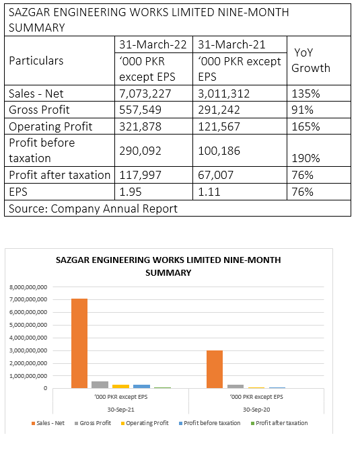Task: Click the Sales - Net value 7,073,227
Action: point(145,93)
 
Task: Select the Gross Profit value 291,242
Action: point(219,110)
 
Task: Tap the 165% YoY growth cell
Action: point(305,126)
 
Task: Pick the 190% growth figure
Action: point(305,158)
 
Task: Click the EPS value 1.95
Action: point(131,192)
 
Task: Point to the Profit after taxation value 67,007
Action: point(215,175)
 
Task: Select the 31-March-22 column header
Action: point(153,44)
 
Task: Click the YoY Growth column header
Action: point(311,61)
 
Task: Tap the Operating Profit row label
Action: point(50,126)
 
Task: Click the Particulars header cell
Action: point(36,61)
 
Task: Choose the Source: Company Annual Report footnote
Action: point(93,209)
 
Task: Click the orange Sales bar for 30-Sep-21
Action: point(79,344)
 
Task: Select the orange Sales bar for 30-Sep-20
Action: point(215,369)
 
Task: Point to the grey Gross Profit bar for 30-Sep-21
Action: point(100,385)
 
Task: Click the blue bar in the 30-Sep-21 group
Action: point(141,387)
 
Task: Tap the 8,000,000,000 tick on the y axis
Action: point(28,287)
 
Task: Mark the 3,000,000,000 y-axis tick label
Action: point(28,350)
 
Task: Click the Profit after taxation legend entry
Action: point(279,423)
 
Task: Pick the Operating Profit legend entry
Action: point(145,423)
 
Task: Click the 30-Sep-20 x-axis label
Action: point(256,410)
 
